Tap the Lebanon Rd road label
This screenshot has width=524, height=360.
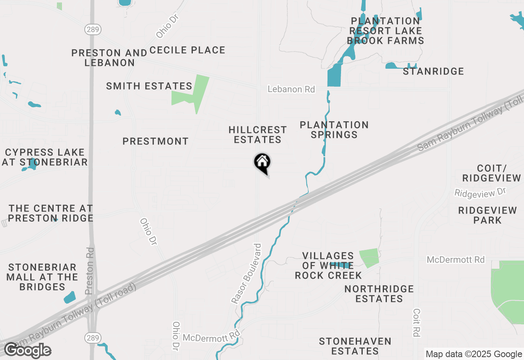click(291, 89)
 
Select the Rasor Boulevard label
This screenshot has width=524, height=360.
click(246, 274)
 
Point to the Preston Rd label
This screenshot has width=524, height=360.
click(90, 271)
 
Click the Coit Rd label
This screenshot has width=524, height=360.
click(417, 322)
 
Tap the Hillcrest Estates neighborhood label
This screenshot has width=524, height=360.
click(257, 135)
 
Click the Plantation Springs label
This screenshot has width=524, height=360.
click(334, 130)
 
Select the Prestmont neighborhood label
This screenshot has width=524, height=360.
click(156, 142)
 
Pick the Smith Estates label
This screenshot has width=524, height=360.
click(149, 86)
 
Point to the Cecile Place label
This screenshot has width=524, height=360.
click(187, 50)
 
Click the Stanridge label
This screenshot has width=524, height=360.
click(434, 72)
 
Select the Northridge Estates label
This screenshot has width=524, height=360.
click(379, 294)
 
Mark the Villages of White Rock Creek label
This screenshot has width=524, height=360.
click(328, 265)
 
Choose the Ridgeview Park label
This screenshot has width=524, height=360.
click(488, 215)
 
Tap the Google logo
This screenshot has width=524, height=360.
click(27, 351)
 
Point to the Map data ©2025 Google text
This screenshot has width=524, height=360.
click(473, 354)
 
